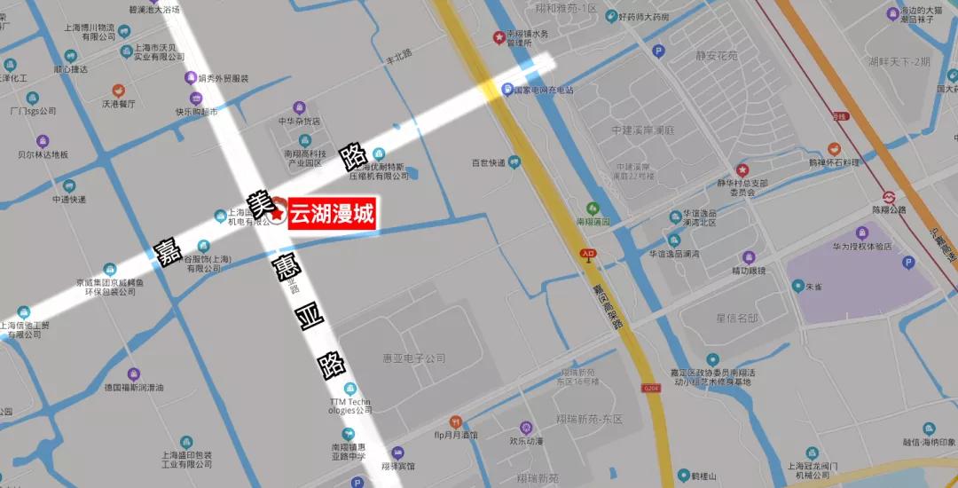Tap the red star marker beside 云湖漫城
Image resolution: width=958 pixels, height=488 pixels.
tap(278, 214)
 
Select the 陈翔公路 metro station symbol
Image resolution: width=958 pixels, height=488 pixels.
tap(888, 197)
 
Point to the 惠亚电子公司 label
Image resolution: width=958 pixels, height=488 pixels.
tap(414, 358)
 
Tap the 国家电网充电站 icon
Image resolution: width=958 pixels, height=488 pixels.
tap(507, 90)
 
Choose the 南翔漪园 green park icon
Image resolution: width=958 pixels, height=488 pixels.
tap(594, 208)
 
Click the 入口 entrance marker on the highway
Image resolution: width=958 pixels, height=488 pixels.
tap(587, 254)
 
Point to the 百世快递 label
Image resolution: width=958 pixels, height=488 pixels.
tap(488, 162)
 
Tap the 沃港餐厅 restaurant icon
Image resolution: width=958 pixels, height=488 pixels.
tap(117, 91)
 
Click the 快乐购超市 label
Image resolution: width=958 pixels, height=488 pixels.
tap(196, 113)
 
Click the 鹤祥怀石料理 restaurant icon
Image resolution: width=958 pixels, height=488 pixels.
tap(834, 149)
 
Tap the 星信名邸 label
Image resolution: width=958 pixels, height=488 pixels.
tap(737, 317)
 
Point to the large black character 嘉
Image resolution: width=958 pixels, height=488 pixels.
tap(164, 250)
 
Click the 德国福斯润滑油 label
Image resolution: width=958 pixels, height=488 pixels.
tap(134, 388)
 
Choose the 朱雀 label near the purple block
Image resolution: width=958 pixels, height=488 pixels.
tap(813, 287)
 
